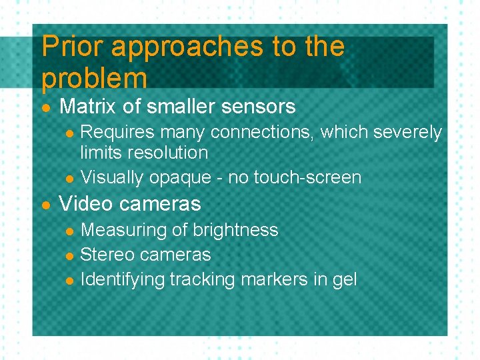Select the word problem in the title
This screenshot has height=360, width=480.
tap(93, 79)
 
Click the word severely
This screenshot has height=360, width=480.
tap(407, 133)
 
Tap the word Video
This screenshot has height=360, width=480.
tap(85, 203)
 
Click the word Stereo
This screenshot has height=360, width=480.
tap(107, 255)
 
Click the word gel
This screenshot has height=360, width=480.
tap(345, 280)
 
